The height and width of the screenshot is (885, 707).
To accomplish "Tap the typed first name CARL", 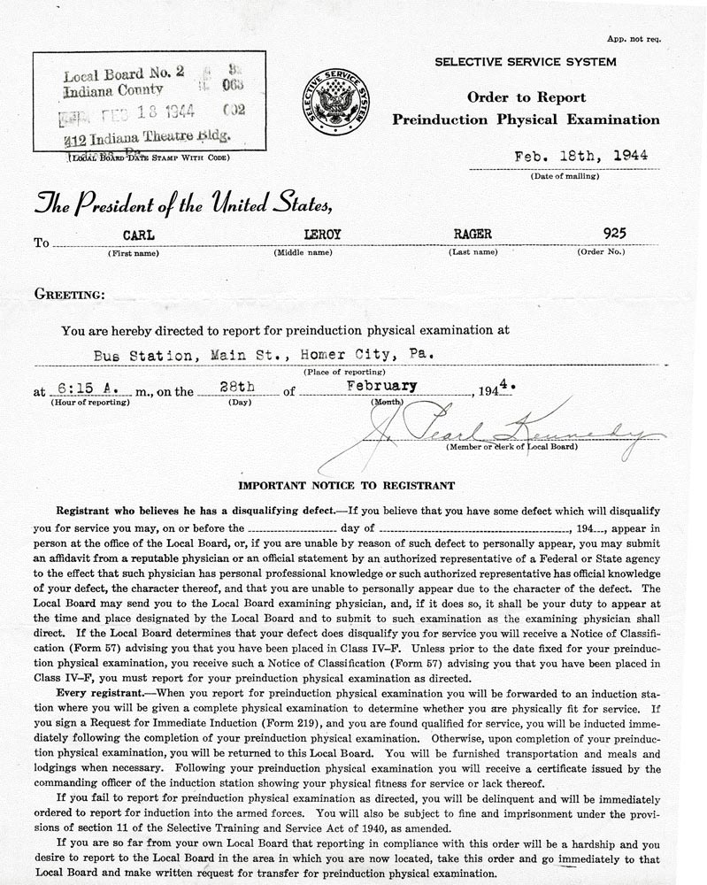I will [x=133, y=234].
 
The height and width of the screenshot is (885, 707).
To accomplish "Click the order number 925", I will [x=613, y=234].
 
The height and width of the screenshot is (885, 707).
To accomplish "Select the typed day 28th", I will [x=238, y=387].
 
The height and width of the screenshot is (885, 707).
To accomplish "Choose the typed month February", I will [x=381, y=387].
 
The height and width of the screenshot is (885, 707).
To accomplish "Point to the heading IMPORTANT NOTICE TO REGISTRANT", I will [x=347, y=485].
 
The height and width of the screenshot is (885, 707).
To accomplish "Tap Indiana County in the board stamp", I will [x=113, y=89].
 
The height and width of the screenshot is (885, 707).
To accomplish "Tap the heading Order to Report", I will [x=526, y=97].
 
